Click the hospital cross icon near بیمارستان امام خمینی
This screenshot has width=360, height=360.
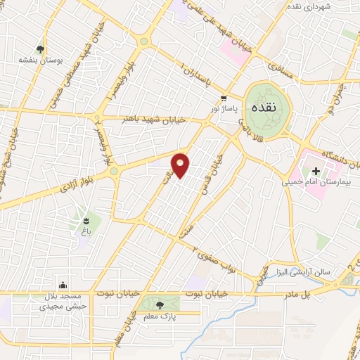click(316, 171)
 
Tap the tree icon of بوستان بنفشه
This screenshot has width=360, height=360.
click(41, 50)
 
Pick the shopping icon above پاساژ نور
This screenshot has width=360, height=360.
click(224, 98)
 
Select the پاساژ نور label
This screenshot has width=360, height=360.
click(225, 108)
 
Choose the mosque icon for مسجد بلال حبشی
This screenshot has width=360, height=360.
click(64, 285)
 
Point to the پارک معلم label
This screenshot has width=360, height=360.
click(160, 316)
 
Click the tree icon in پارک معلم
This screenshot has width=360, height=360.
click(160, 305)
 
